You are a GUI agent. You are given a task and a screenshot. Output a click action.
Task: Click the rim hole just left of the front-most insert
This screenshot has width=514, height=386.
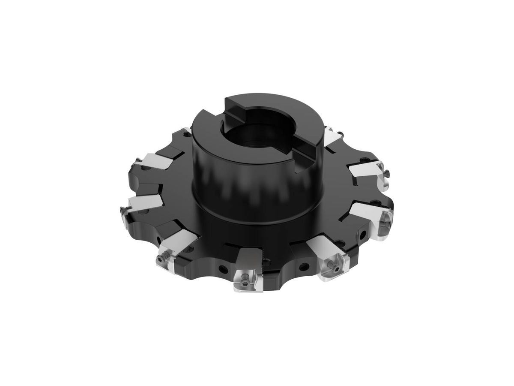coord(221,269)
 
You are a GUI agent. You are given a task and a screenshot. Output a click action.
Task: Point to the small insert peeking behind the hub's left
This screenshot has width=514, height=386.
coord(185,130)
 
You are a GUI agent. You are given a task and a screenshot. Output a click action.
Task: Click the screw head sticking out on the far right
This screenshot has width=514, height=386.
coord(387,173)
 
